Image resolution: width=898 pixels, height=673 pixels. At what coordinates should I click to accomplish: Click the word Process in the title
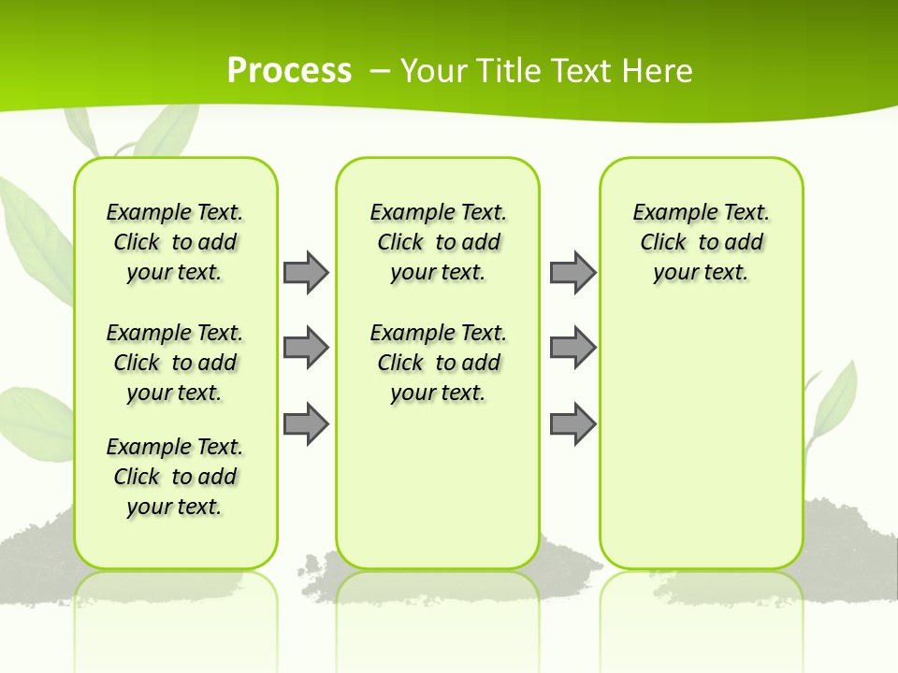[x=289, y=70]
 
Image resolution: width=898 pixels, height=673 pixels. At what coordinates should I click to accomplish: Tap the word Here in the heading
[x=659, y=71]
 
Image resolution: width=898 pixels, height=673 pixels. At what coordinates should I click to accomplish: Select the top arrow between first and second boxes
[x=306, y=272]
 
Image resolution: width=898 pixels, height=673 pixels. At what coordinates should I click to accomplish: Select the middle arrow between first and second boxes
[x=306, y=348]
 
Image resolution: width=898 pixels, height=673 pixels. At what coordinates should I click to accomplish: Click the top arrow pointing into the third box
[x=572, y=272]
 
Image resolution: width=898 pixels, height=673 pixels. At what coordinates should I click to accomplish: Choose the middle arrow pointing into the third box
[x=572, y=348]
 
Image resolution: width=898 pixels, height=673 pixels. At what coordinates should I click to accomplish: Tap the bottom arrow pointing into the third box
[x=572, y=423]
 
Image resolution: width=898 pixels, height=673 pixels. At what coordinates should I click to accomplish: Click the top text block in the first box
[x=175, y=242]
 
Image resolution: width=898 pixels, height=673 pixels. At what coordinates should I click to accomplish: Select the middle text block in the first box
[x=175, y=363]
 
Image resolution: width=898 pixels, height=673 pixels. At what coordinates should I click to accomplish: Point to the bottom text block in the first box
[x=175, y=477]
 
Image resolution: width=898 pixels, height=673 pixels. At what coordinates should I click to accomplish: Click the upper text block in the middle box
[x=438, y=242]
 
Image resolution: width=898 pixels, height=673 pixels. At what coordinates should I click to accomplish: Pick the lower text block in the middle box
[x=438, y=363]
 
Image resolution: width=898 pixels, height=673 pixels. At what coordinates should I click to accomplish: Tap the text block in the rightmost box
[x=701, y=242]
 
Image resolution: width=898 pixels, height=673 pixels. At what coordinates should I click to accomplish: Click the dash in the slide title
[x=380, y=71]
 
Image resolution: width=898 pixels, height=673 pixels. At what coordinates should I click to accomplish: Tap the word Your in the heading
[x=434, y=71]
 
